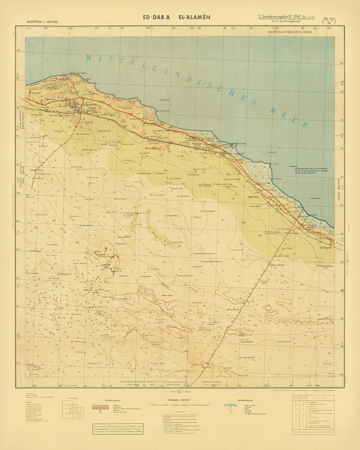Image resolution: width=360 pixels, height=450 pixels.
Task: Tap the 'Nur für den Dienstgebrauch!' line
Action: tap(286, 22)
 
